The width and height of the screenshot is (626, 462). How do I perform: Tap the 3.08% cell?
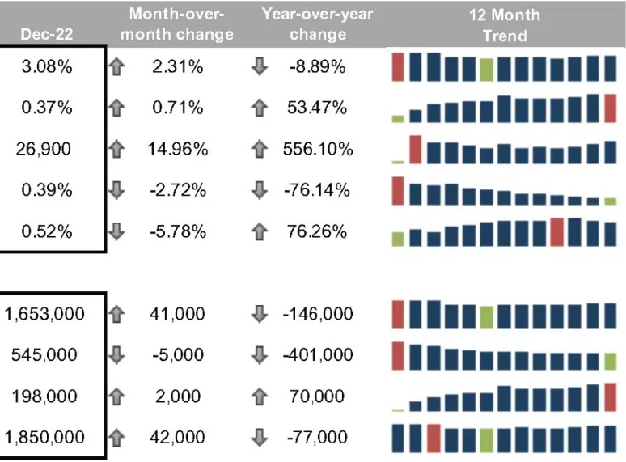(x=47, y=67)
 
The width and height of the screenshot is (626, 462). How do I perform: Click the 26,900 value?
(x=44, y=149)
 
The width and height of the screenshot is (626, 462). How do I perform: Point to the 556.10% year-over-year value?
(x=318, y=149)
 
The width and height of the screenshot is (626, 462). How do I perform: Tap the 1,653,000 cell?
(x=44, y=314)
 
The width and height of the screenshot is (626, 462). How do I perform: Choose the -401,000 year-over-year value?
(x=318, y=354)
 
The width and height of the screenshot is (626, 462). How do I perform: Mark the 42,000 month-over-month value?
(x=178, y=437)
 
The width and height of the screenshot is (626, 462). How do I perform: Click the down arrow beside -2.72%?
(x=116, y=190)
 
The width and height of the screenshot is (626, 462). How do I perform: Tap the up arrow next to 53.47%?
(x=259, y=108)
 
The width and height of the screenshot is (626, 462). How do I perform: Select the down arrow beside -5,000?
(x=116, y=354)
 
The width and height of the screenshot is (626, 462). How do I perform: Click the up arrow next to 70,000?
(x=259, y=396)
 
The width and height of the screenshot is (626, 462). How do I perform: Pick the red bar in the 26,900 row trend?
(x=416, y=150)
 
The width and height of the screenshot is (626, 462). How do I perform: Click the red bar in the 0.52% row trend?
(x=557, y=231)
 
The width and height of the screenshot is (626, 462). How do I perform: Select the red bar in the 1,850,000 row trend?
(x=434, y=438)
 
